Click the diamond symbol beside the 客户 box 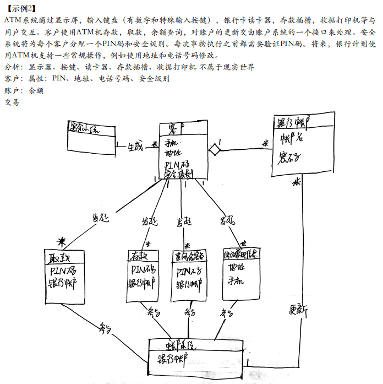point(214,149)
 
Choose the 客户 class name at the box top point(177,128)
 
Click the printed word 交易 point(12,102)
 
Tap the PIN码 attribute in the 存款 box point(142,270)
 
